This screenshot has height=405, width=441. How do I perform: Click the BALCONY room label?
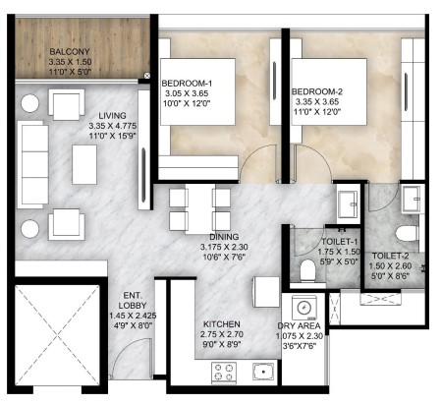70,52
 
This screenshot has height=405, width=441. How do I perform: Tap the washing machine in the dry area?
304,308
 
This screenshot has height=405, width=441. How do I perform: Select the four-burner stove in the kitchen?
224,372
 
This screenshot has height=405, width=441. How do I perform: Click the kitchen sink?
263,372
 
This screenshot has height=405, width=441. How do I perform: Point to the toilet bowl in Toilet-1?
307,269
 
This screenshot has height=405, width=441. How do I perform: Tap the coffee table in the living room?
84,164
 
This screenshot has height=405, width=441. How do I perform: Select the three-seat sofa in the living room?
32,164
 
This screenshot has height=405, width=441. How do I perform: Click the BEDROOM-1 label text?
187,84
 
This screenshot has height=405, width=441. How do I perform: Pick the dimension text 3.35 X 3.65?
317,101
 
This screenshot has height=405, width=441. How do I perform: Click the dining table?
200,208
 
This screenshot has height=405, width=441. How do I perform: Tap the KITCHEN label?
222,324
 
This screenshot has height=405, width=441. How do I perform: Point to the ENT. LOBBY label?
133,300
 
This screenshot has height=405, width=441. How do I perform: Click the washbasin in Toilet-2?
412,199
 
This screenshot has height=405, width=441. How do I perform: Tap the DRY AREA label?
299,326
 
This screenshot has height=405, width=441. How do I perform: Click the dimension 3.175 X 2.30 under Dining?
224,247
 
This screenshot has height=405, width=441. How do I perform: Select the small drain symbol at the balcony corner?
147,76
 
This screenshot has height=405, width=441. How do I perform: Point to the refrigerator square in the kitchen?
266,292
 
